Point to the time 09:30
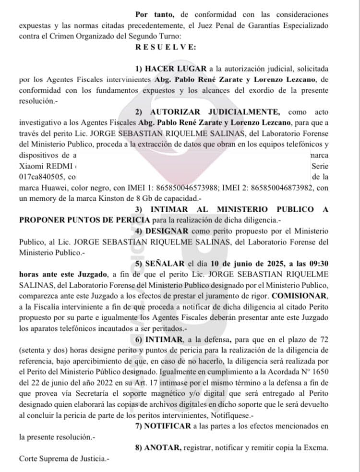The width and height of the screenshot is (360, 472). point(318,263)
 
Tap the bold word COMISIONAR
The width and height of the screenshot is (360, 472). point(300,295)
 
